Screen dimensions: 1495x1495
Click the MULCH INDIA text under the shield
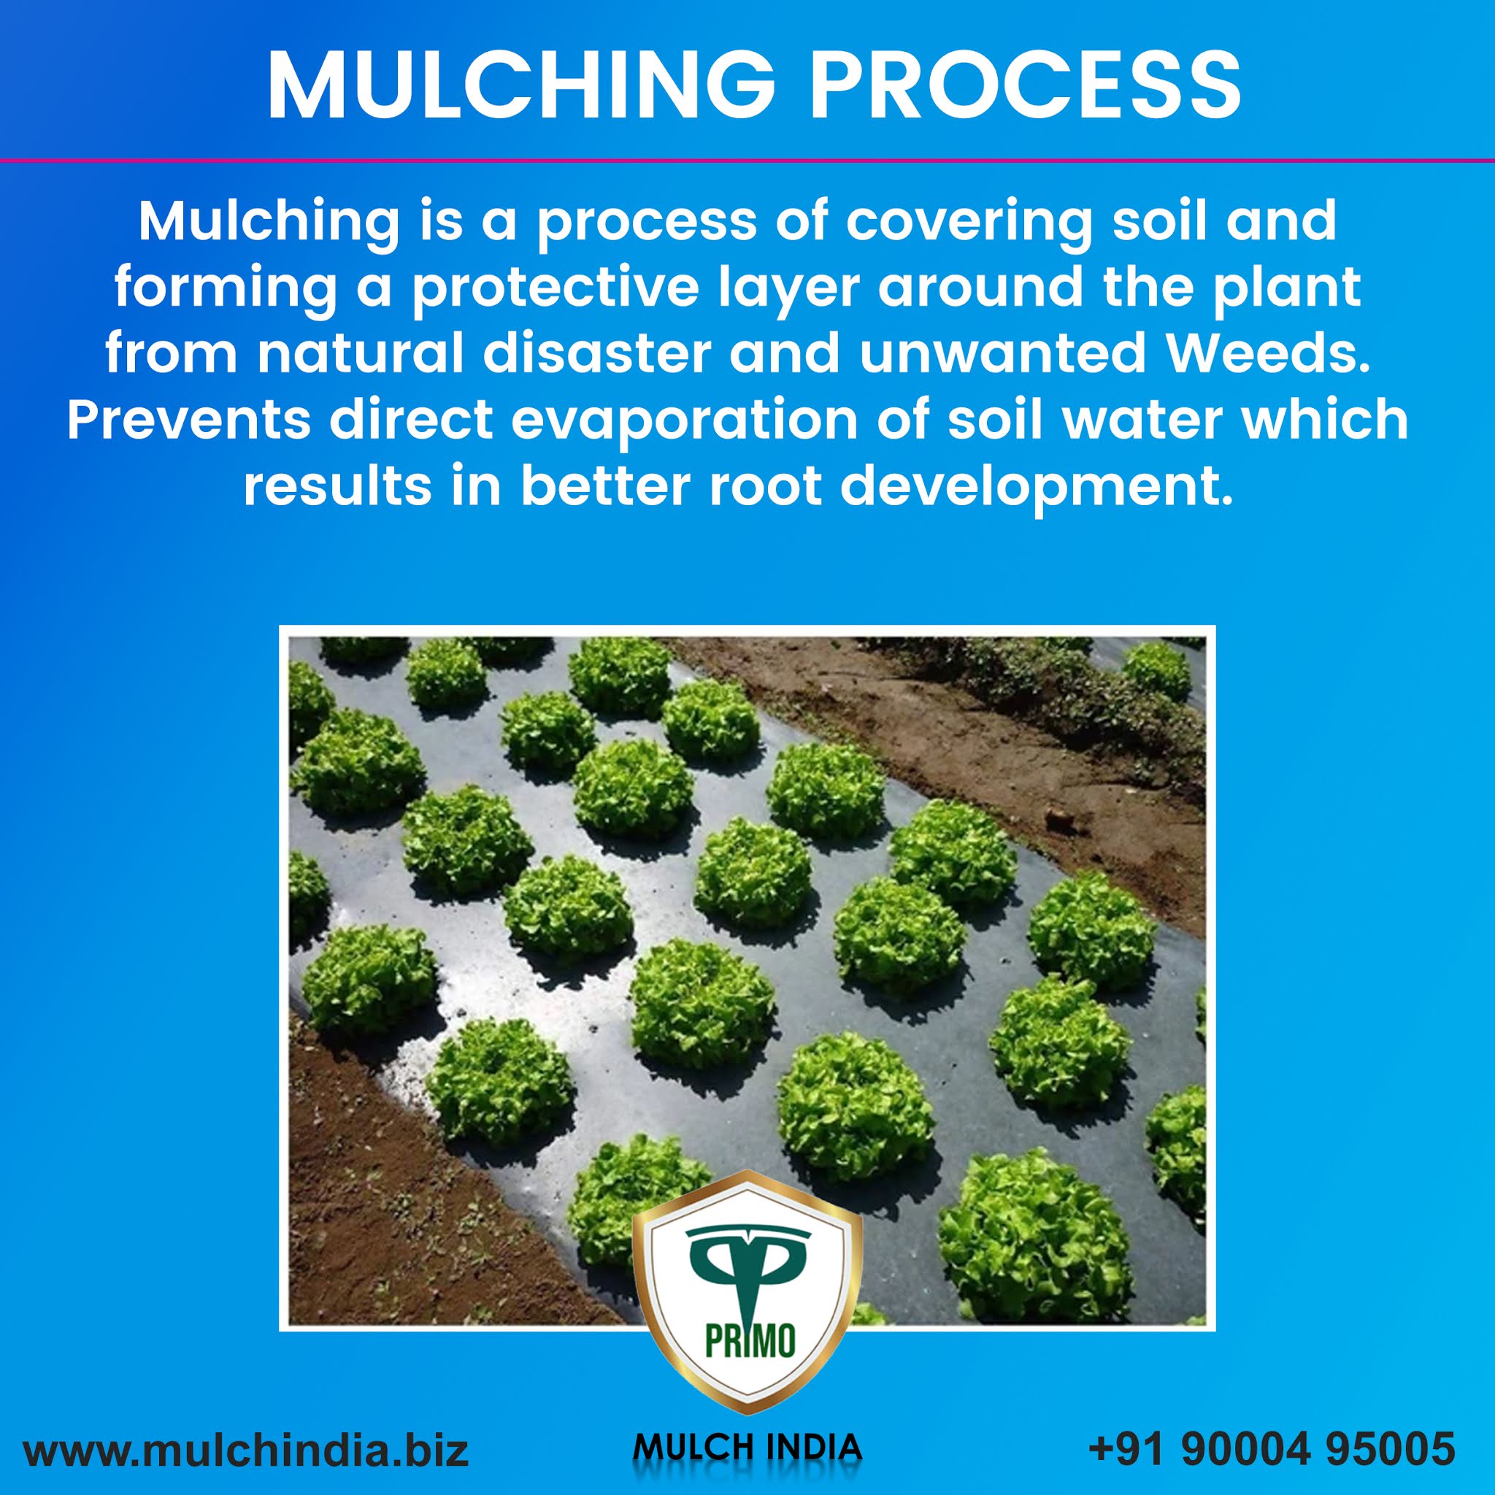click(x=747, y=1446)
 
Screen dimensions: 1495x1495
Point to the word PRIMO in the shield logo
click(x=749, y=1340)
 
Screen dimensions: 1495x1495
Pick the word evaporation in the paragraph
click(x=683, y=420)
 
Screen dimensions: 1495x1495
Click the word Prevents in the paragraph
click(x=189, y=420)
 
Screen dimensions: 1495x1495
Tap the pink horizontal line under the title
click(x=747, y=160)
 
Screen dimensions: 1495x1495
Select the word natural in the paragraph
click(x=361, y=353)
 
